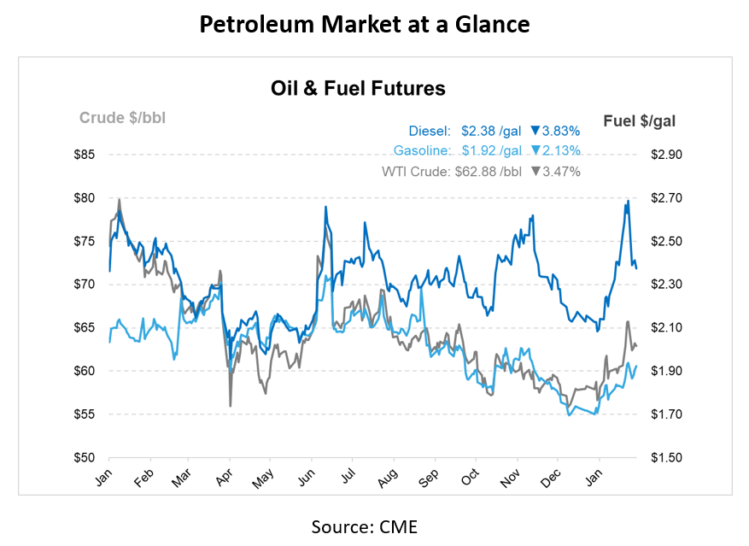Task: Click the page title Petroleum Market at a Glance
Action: [365, 25]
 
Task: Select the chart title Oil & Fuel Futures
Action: [358, 88]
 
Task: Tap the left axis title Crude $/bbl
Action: [122, 118]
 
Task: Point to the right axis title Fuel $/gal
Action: [639, 120]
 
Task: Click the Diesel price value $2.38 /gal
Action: [491, 131]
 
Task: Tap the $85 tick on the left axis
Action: [84, 155]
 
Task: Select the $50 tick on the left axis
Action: [84, 457]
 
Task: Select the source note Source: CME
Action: [365, 526]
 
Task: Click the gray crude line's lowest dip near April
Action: [230, 405]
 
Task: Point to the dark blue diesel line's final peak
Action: [628, 201]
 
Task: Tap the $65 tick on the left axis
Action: [84, 327]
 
